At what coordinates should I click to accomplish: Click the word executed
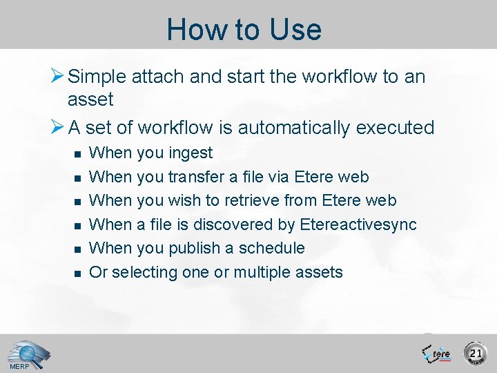396,128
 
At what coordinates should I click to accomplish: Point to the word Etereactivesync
358,224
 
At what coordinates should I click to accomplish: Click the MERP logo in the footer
24,355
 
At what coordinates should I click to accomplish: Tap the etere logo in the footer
436,353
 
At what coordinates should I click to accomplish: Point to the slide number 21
476,354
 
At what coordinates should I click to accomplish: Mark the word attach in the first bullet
161,76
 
